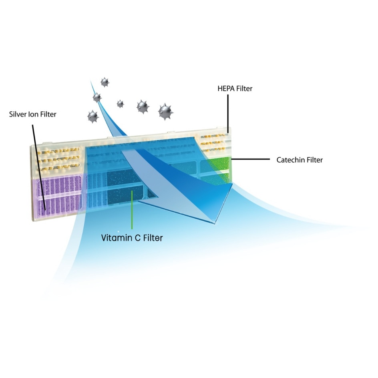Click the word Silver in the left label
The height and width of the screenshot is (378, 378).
[x=18, y=114]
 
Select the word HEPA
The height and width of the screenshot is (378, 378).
[x=226, y=88]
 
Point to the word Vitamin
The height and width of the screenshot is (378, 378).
[x=117, y=238]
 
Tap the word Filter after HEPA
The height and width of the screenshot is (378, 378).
[x=244, y=88]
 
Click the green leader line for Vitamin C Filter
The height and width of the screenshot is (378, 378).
[x=132, y=210]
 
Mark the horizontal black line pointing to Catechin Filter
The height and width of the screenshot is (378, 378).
[x=251, y=159]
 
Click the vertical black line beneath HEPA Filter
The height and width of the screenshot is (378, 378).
[x=228, y=114]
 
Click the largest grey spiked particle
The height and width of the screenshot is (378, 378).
[x=166, y=112]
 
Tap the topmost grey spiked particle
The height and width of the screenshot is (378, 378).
[x=105, y=82]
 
